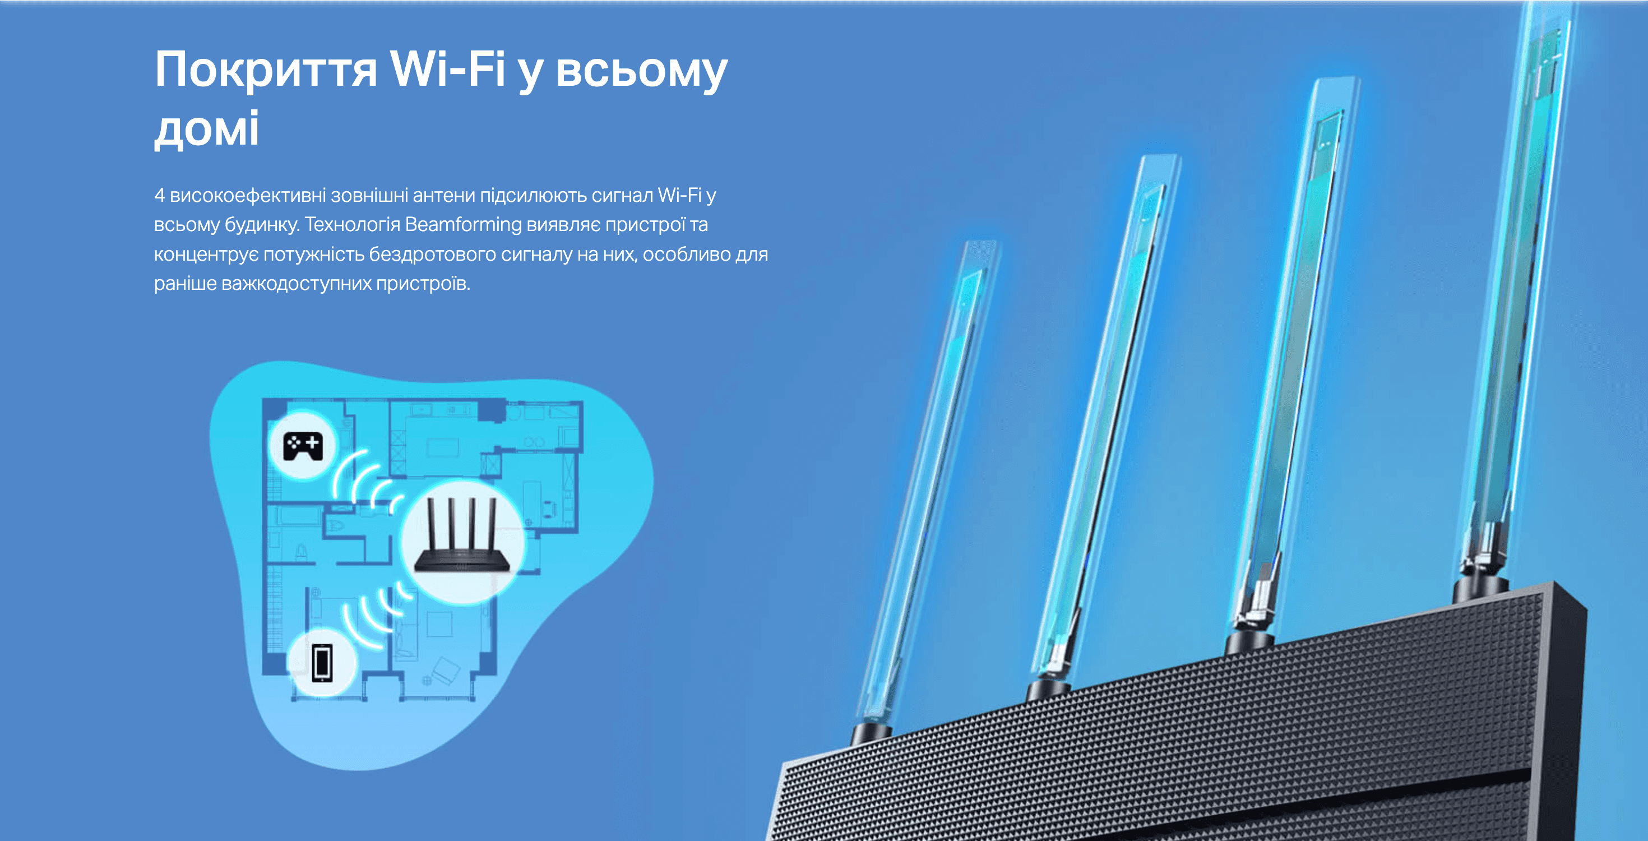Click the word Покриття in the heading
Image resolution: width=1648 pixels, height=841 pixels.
(x=266, y=71)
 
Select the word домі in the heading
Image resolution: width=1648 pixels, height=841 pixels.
(x=207, y=128)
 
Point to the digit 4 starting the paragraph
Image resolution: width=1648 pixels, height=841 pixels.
(x=159, y=195)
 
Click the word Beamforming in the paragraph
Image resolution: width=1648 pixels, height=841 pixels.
(x=463, y=225)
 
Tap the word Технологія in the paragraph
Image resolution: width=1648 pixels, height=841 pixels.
(x=352, y=225)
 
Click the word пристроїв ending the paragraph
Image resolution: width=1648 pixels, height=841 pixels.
(x=423, y=284)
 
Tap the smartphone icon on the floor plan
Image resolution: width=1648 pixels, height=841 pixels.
(x=322, y=663)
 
